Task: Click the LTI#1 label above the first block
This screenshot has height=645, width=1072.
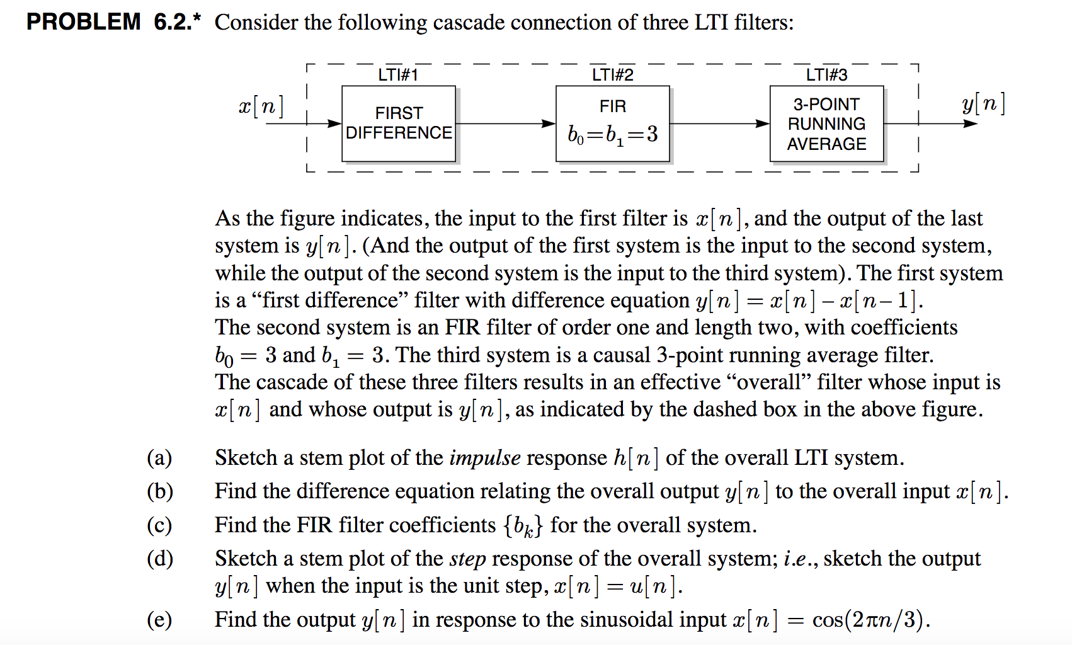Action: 398,75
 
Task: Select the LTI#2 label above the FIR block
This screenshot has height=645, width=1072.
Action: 613,75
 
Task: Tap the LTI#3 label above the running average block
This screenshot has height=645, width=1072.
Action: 826,75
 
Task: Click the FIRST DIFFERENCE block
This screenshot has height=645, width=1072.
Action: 399,123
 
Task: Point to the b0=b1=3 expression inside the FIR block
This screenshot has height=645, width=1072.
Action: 613,134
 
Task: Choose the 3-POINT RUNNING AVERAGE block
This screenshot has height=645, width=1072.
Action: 826,123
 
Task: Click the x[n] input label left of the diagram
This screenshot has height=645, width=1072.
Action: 261,106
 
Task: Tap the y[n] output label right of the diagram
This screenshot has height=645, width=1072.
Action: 984,104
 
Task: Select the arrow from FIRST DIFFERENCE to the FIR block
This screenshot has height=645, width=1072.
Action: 506,123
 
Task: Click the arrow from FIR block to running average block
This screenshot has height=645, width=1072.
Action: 720,123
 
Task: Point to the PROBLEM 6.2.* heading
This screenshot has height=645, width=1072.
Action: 113,22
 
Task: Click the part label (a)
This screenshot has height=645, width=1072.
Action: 159,458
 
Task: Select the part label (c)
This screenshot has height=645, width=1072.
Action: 159,525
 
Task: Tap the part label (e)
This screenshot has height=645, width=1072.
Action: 159,620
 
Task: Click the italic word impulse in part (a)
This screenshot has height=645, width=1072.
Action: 485,458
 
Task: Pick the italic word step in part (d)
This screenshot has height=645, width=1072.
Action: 467,559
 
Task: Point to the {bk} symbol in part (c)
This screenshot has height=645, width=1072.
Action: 523,526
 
